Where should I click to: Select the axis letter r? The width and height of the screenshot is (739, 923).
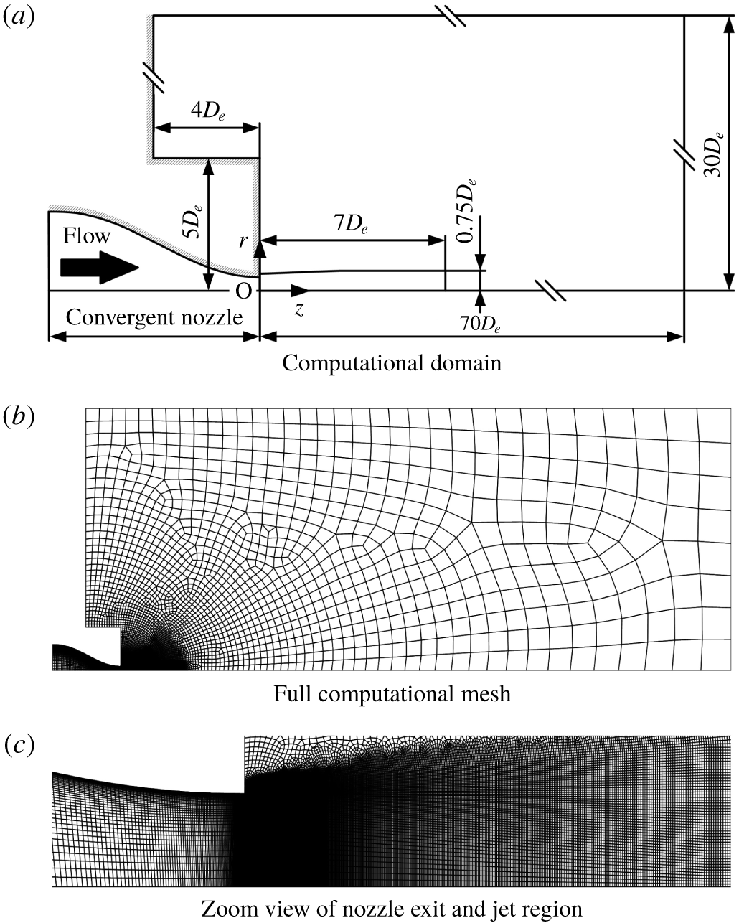pyautogui.click(x=245, y=240)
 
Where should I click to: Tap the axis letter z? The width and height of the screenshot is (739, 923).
pyautogui.click(x=299, y=310)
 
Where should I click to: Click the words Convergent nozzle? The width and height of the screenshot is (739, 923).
pyautogui.click(x=154, y=317)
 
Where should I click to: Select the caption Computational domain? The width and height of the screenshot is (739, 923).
pyautogui.click(x=391, y=362)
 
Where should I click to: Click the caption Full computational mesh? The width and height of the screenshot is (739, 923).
pyautogui.click(x=392, y=694)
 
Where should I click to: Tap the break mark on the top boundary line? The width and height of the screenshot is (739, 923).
pyautogui.click(x=455, y=16)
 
